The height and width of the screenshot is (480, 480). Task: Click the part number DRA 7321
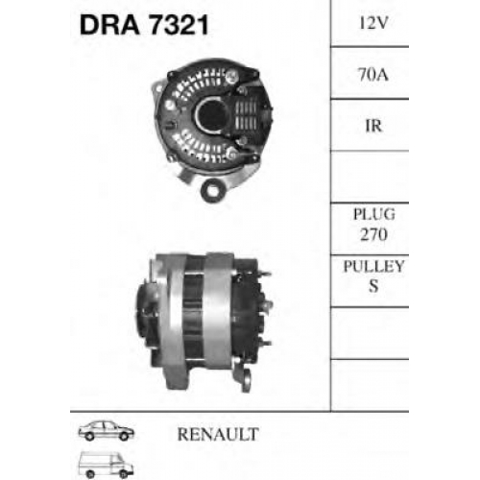[x=144, y=25]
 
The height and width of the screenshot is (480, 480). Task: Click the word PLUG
[x=374, y=214]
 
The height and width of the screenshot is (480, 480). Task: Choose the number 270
[x=373, y=234]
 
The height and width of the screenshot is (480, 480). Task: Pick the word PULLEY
[x=373, y=266]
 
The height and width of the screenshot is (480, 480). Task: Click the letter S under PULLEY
[x=373, y=286]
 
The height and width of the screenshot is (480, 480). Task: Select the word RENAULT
[x=218, y=434]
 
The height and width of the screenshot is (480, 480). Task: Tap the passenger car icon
[x=107, y=431]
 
